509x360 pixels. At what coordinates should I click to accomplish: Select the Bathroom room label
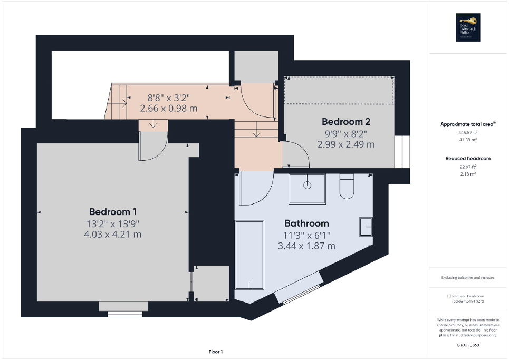306,223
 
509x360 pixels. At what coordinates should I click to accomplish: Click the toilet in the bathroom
347,187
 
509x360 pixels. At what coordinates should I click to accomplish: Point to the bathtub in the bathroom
249,255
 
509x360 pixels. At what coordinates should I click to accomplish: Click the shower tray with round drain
307,189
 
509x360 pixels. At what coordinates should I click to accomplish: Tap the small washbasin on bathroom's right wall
366,227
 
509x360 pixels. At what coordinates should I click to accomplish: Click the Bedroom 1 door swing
152,147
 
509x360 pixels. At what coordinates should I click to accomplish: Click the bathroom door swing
255,189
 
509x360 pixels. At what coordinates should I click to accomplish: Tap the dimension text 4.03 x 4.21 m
112,235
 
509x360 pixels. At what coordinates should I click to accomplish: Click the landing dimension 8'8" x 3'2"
168,97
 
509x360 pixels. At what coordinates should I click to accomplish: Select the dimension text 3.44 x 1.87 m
306,246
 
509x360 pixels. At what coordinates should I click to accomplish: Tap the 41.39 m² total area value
468,140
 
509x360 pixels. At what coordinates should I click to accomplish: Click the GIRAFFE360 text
468,344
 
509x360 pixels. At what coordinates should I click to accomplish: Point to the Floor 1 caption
215,352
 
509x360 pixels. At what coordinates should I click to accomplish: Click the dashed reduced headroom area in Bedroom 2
339,90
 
